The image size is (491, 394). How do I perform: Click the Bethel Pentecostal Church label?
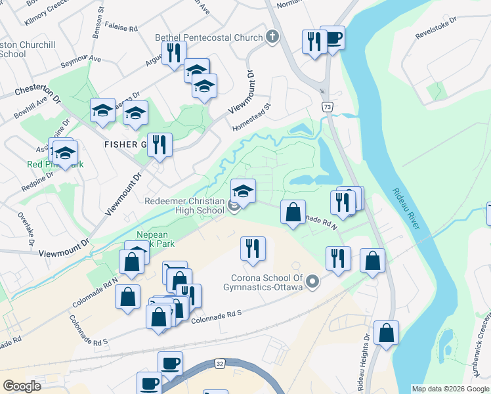pos(208,37)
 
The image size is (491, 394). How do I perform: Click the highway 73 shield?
pos(326,106)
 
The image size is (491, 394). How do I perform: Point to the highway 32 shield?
pos(219,362)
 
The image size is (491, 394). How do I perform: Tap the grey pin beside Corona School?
pos(313,282)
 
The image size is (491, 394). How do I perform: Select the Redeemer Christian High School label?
pos(186,205)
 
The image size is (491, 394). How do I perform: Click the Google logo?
pos(22,386)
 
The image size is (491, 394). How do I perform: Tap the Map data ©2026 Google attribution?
pos(450,389)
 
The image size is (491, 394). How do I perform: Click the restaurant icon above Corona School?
pos(253,249)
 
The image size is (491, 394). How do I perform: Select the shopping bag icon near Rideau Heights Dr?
pos(387,332)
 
